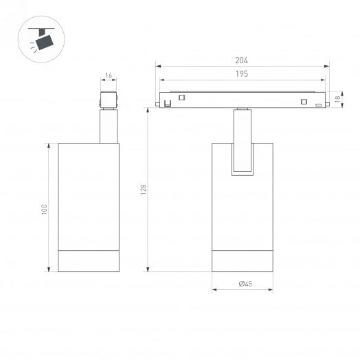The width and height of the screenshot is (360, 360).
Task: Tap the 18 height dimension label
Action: click(337, 99)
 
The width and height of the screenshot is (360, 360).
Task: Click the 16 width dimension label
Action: click(109, 76)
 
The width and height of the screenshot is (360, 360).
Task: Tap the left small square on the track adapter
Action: click(182, 98)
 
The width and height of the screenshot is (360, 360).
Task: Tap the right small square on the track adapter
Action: click(302, 102)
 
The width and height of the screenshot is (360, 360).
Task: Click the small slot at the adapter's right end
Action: click(317, 104)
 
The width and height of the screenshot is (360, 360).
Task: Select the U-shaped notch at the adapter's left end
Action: click(167, 103)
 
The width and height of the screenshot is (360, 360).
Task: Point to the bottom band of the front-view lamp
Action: click(243, 260)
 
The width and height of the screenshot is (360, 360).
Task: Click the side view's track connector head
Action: click(109, 99)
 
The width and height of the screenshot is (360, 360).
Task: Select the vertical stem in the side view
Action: click(109, 126)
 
